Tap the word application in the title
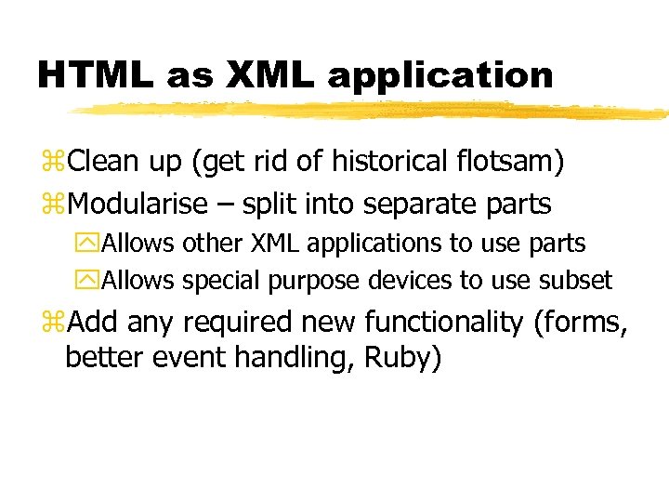pos(439,76)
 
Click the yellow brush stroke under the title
pos(372,111)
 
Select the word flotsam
pos(510,163)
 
